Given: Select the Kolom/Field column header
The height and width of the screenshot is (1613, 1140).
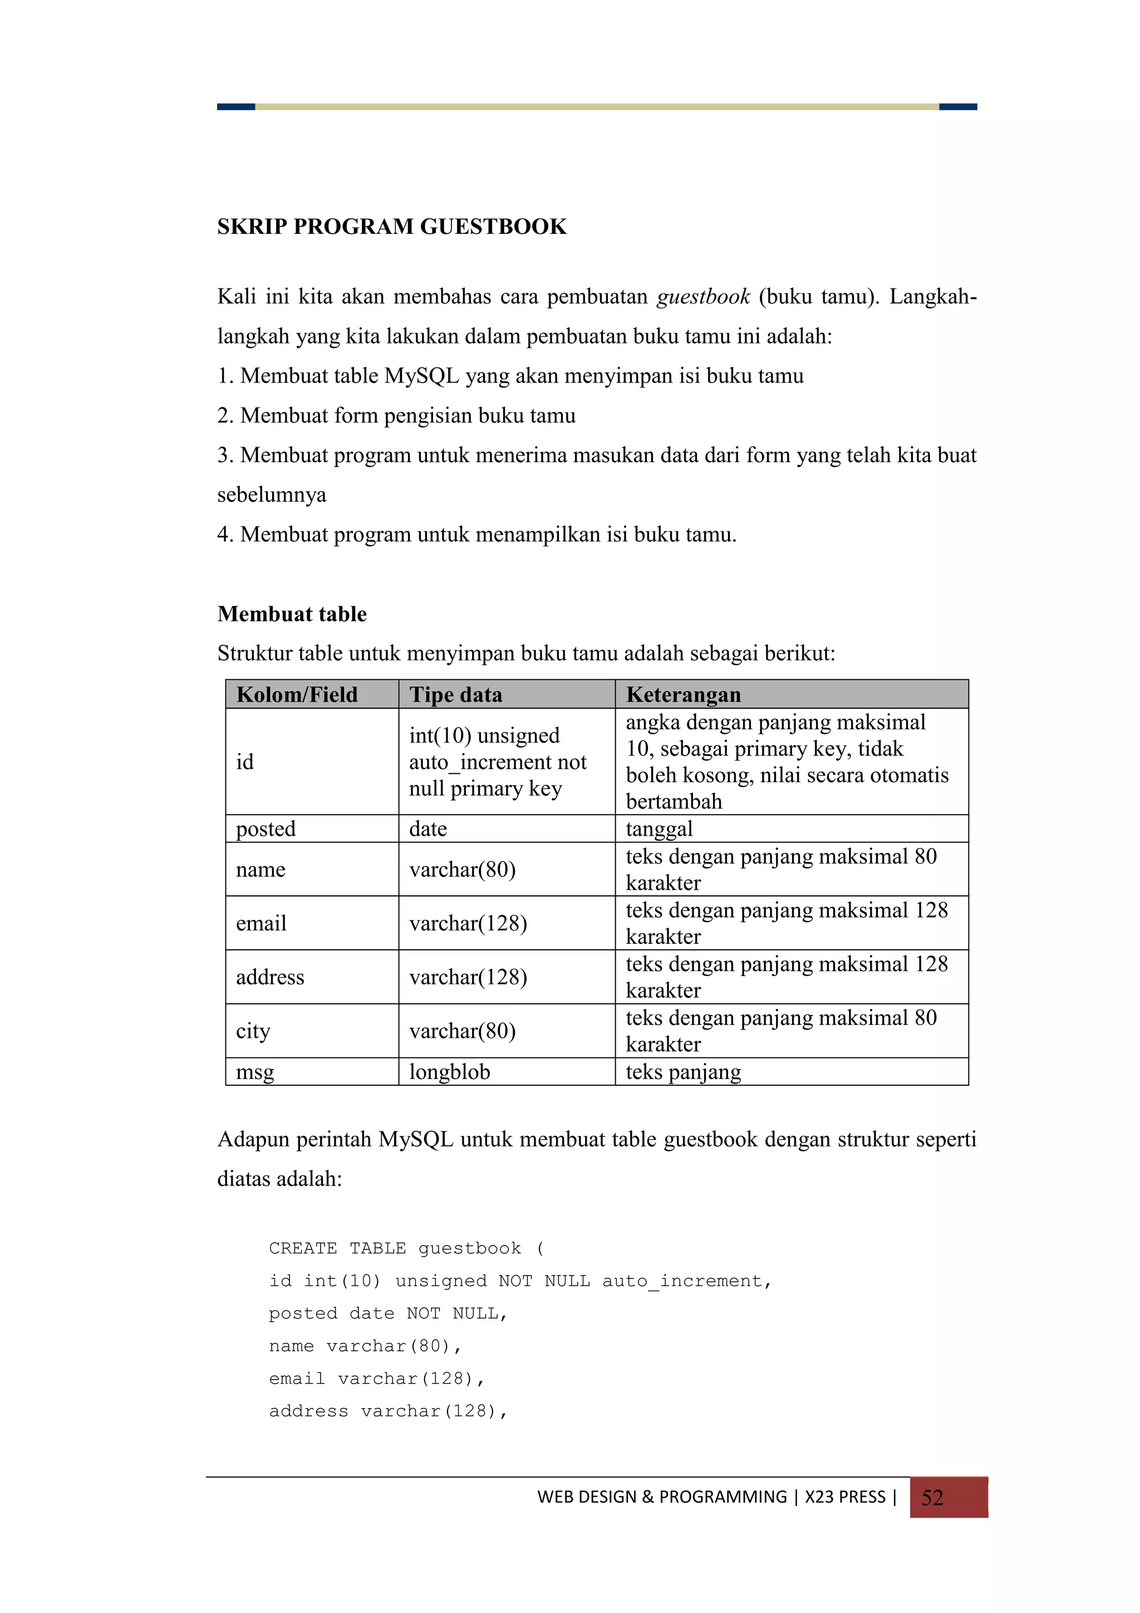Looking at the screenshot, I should click(297, 694).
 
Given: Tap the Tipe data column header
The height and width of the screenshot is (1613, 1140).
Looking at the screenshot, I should click(455, 694).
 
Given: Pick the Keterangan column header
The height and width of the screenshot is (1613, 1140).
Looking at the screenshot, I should click(683, 694).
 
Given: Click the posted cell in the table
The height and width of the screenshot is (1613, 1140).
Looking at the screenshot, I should click(266, 828).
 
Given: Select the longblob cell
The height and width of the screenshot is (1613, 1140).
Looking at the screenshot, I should click(450, 1071).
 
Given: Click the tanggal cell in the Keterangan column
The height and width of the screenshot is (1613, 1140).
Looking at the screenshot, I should click(659, 828).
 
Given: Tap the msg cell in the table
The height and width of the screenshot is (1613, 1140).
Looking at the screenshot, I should click(255, 1071).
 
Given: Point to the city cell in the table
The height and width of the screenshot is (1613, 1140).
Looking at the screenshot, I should click(253, 1031).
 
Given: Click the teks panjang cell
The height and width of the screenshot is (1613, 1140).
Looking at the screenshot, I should click(683, 1071).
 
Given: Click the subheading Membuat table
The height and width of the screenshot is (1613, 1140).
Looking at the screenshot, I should click(292, 614).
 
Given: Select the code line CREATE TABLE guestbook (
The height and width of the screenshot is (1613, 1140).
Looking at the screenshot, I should click(406, 1248).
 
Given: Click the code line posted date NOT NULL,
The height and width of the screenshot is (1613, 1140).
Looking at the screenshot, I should click(388, 1313).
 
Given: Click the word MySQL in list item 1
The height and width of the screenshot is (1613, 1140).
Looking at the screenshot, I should click(421, 376).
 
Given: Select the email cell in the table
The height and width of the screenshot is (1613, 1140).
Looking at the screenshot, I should click(261, 923).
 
